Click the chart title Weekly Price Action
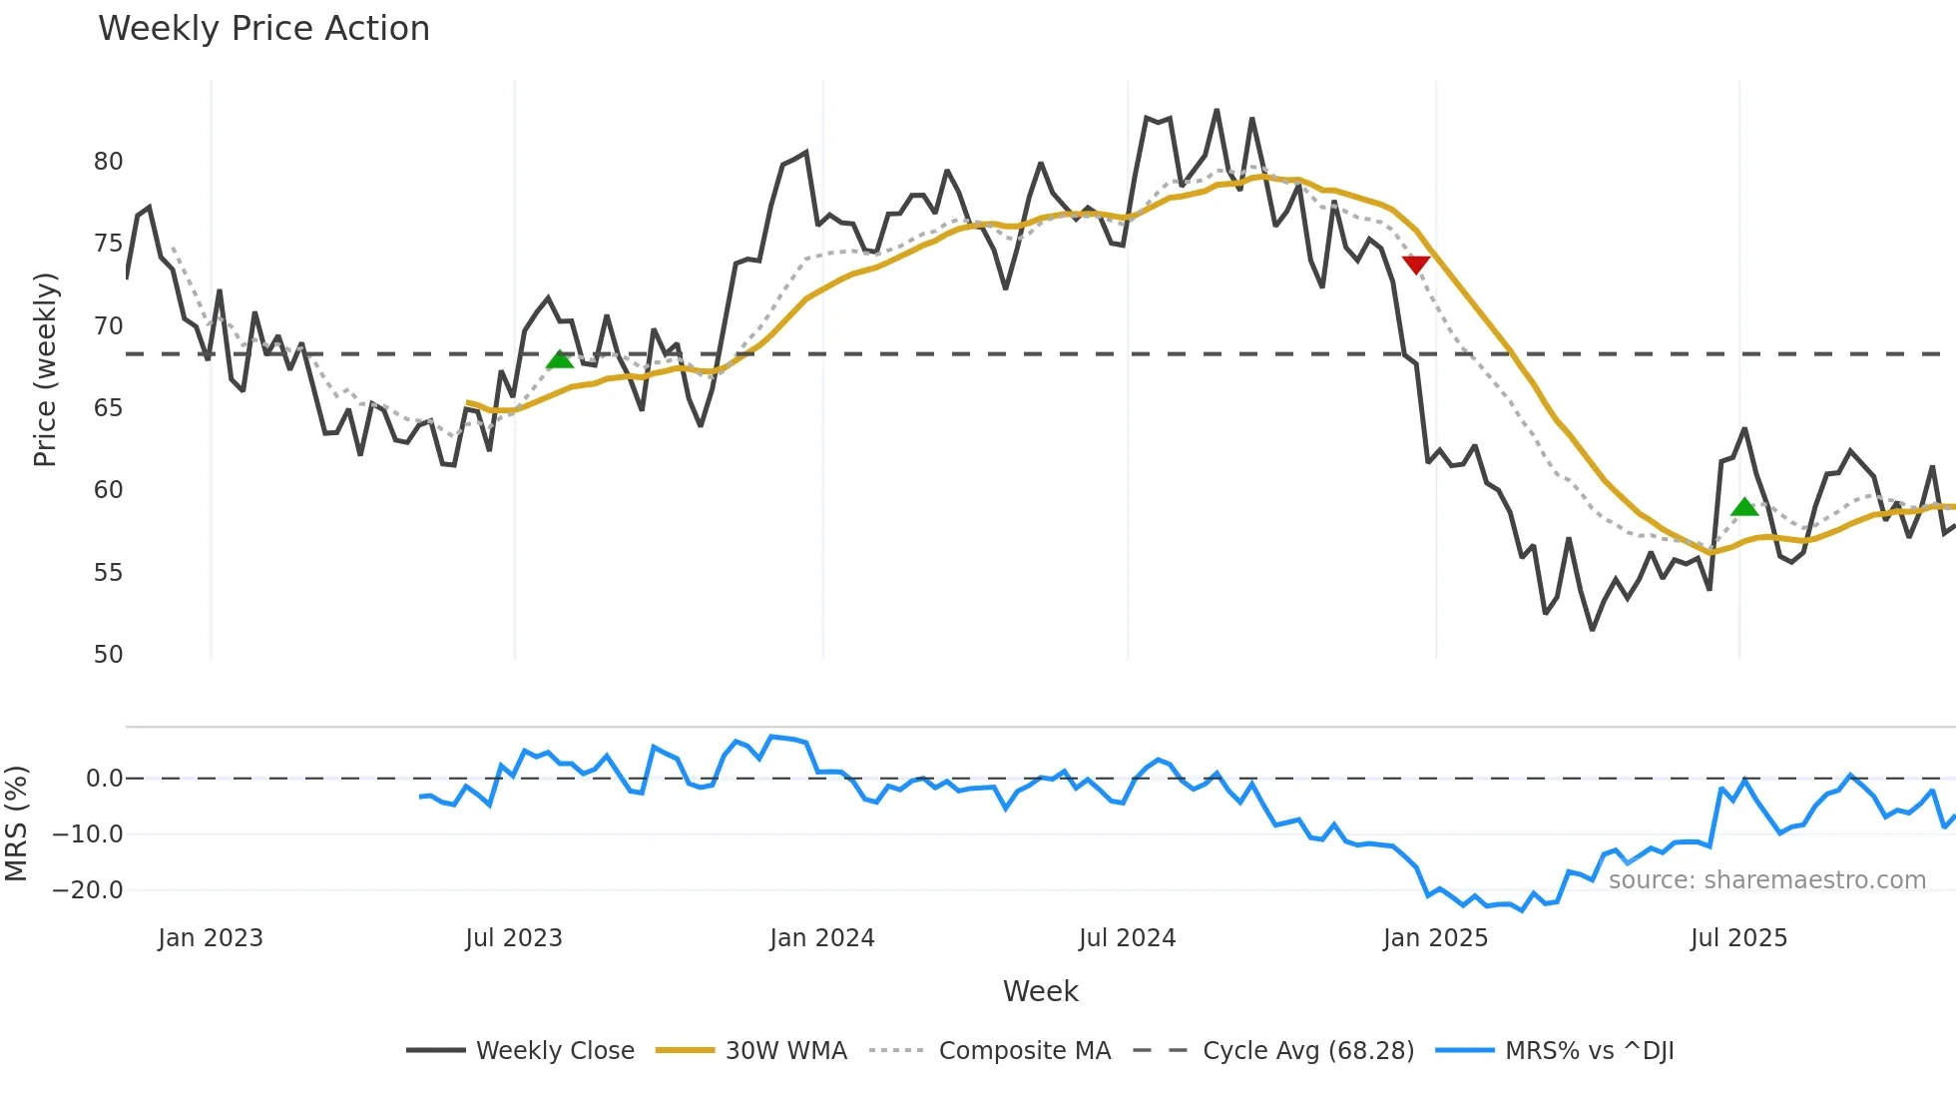pyautogui.click(x=263, y=29)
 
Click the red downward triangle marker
pyautogui.click(x=1415, y=265)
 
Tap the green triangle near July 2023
pyautogui.click(x=560, y=359)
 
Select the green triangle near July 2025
pyautogui.click(x=1743, y=507)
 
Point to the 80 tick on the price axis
pyautogui.click(x=108, y=162)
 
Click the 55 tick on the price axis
pyautogui.click(x=108, y=573)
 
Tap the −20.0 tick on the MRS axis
pyautogui.click(x=88, y=890)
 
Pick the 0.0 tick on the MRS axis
pyautogui.click(x=104, y=779)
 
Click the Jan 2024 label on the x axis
pyautogui.click(x=821, y=938)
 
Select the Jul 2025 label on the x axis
pyautogui.click(x=1738, y=938)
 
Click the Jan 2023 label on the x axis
pyautogui.click(x=210, y=938)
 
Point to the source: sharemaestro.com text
pyautogui.click(x=1766, y=880)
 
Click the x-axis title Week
pyautogui.click(x=1040, y=991)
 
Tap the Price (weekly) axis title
pyautogui.click(x=45, y=369)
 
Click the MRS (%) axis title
pyautogui.click(x=16, y=824)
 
